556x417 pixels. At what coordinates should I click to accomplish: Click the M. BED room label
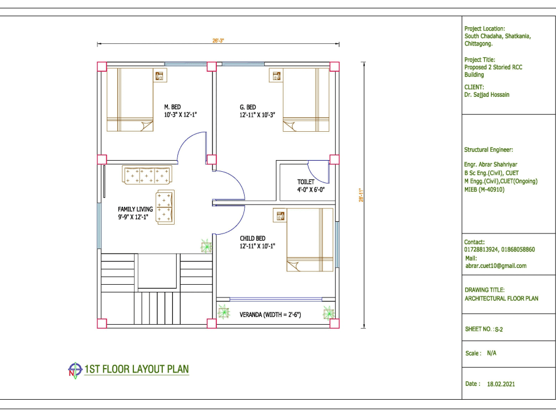tap(172, 107)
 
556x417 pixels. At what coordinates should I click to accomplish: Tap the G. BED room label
tap(248, 107)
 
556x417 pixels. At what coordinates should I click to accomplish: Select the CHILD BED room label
tap(252, 239)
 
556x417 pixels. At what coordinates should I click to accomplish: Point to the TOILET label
tap(306, 182)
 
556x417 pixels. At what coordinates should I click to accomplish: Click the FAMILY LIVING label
tap(135, 209)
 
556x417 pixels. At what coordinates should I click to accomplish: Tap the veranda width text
tap(270, 315)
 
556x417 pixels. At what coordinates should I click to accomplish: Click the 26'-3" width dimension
tap(218, 41)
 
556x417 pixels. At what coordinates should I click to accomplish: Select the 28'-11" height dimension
tap(361, 195)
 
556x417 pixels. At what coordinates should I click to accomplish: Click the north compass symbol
tap(75, 370)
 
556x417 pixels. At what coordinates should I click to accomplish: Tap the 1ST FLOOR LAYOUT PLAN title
tap(137, 369)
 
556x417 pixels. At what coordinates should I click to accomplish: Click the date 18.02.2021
tap(501, 384)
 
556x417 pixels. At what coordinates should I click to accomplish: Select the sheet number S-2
tap(499, 329)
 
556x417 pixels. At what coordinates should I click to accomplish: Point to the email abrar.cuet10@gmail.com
tap(496, 266)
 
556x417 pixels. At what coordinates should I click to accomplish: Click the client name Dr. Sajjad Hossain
tap(487, 95)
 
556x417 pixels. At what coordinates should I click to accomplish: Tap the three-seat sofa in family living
tap(147, 175)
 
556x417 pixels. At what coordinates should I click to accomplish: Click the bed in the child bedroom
tap(310, 240)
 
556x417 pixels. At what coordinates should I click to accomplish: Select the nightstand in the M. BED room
tap(160, 75)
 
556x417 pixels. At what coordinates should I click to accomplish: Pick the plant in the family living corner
tap(206, 246)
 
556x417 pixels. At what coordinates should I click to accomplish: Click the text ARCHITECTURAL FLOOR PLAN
tap(502, 299)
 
